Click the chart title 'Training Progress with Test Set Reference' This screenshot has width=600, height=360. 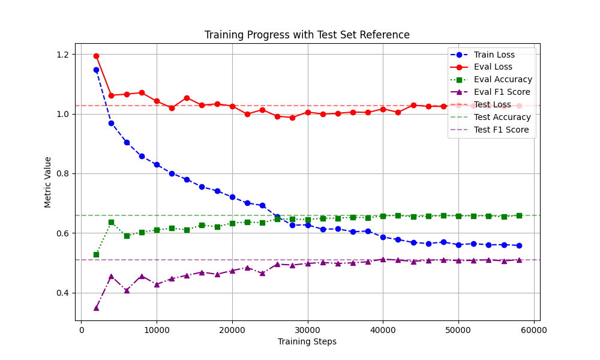[307, 35]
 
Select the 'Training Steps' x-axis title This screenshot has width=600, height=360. [307, 341]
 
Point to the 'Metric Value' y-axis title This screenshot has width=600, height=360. [48, 182]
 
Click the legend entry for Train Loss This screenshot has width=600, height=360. [494, 55]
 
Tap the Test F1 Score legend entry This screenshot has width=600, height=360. [501, 130]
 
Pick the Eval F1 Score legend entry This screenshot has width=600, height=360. [502, 92]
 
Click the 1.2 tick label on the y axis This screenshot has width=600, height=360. [62, 55]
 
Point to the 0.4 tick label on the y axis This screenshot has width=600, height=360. [62, 293]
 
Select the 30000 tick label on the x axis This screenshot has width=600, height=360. [307, 330]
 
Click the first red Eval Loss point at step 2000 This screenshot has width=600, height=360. [96, 56]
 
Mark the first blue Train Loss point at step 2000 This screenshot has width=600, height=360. [96, 70]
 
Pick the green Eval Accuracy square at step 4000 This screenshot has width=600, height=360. [111, 222]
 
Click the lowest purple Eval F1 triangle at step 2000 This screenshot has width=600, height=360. [96, 308]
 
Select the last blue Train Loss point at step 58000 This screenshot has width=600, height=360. [519, 245]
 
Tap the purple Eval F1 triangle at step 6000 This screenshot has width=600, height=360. [127, 290]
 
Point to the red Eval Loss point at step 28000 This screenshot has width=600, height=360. [292, 118]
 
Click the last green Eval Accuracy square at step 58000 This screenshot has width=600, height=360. [519, 215]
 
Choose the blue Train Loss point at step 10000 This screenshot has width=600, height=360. [157, 164]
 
